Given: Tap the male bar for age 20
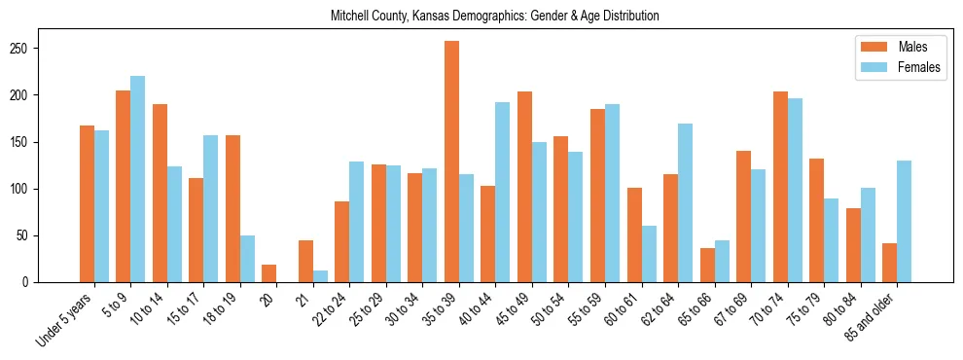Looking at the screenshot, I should point(269,273).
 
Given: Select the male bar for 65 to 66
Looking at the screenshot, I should point(707,265).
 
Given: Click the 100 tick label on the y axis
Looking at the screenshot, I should point(25,189).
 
